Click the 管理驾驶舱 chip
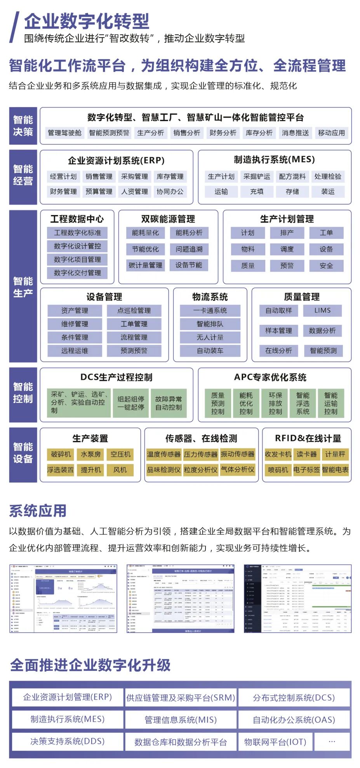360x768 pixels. (64, 133)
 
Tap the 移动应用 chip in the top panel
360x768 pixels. (331, 133)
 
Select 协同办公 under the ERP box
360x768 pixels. (170, 191)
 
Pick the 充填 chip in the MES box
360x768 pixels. (257, 191)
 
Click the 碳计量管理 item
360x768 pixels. (146, 265)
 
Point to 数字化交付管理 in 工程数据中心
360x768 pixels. (77, 273)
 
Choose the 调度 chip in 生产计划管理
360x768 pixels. (287, 249)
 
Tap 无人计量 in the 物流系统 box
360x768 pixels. (210, 337)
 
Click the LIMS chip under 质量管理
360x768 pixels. (323, 311)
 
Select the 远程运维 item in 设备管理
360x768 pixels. (75, 351)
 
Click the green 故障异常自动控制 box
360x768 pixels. (169, 403)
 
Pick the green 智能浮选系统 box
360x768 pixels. (303, 403)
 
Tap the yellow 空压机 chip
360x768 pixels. (120, 454)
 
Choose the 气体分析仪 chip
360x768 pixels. (238, 470)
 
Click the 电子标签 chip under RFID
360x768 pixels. (306, 470)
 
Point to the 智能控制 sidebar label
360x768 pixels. (23, 393)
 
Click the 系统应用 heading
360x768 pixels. (38, 511)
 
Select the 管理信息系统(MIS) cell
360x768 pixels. (181, 719)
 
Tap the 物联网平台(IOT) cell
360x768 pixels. (275, 742)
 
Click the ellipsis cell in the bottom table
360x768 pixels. (332, 742)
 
